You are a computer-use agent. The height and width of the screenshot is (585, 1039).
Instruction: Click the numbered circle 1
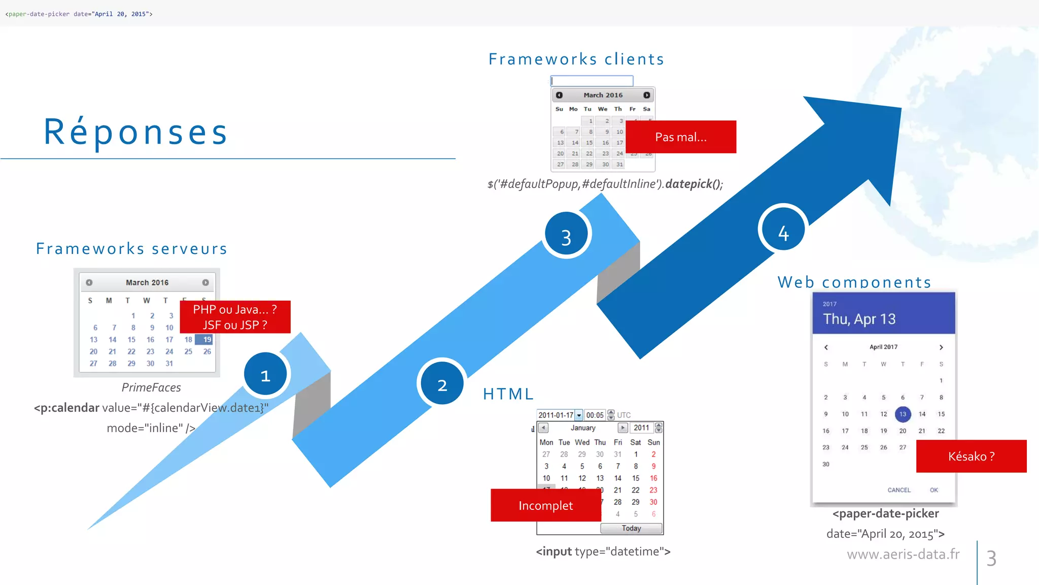click(x=265, y=375)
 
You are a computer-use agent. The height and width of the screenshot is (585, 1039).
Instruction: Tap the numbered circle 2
click(x=442, y=384)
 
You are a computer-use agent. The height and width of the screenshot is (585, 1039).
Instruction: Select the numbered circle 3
click(x=566, y=235)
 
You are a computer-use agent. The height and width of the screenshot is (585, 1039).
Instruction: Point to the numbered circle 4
click(x=783, y=232)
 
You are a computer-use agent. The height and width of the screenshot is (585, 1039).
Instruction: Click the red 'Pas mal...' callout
click(x=681, y=137)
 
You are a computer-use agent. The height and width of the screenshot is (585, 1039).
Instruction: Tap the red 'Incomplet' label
click(x=546, y=505)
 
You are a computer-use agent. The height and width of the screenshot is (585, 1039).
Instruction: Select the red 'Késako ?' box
click(x=971, y=456)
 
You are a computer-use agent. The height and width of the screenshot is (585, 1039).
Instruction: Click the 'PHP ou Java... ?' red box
click(x=235, y=317)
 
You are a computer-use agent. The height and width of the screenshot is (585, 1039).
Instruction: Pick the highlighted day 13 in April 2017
click(x=903, y=414)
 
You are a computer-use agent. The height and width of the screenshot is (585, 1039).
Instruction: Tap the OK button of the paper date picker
click(x=933, y=490)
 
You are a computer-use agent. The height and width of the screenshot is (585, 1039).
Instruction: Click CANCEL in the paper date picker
click(x=898, y=490)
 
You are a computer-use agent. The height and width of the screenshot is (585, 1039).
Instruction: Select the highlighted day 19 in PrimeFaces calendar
click(x=206, y=339)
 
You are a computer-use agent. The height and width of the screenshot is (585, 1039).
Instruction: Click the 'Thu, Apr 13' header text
click(x=859, y=319)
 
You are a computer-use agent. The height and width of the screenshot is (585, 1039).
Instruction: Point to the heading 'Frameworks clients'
click(x=576, y=59)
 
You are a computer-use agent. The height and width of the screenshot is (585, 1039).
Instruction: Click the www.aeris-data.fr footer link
click(x=903, y=554)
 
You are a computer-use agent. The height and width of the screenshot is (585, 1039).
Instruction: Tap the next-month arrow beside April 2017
click(x=941, y=347)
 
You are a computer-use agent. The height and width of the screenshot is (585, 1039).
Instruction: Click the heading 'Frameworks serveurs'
click(x=132, y=248)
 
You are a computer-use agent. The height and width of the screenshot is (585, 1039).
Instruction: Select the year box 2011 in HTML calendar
click(x=641, y=428)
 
